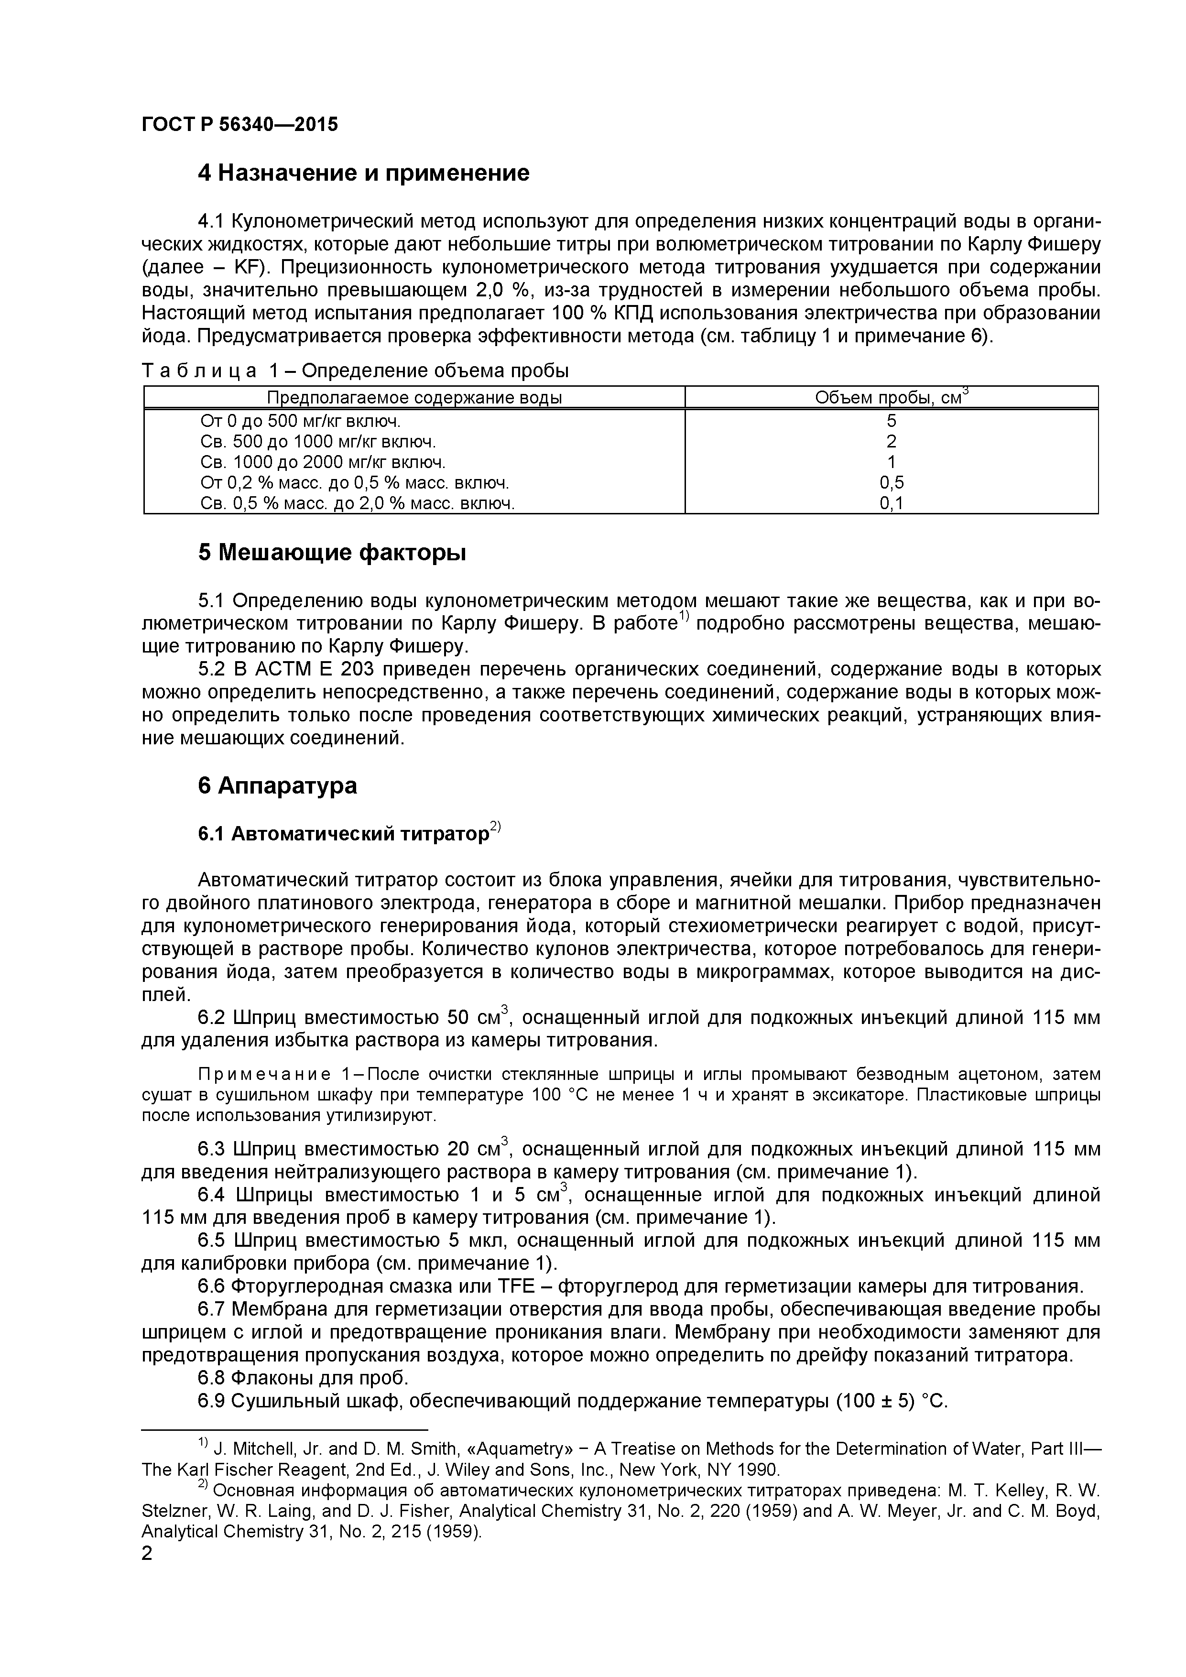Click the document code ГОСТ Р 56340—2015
(x=239, y=124)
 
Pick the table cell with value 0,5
(x=891, y=483)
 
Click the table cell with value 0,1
(x=891, y=503)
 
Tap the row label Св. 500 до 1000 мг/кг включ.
(x=318, y=442)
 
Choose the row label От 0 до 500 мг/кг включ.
(x=300, y=422)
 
